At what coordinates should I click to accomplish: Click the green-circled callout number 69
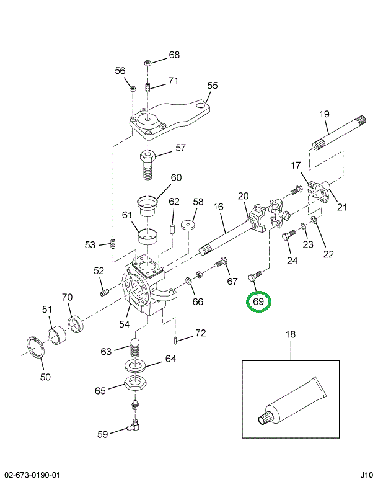tap(258, 302)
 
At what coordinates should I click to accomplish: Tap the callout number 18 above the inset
tap(291, 335)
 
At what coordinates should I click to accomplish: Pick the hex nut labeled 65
tap(136, 384)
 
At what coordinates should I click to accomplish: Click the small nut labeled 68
tap(147, 63)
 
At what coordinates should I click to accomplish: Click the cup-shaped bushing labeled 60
tap(147, 205)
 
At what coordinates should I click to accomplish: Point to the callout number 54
tap(125, 324)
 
